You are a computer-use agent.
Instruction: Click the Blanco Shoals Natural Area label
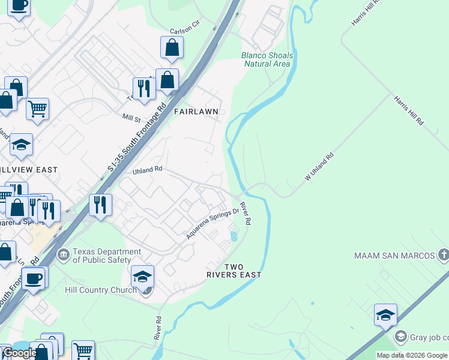tap(267, 59)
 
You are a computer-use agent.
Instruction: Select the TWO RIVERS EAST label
tap(243, 271)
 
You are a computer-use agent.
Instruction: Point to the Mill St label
tap(131, 118)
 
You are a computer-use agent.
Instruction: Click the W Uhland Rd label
tap(319, 167)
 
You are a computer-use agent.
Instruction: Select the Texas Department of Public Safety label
tap(101, 256)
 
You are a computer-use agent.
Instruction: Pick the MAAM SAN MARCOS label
tap(394, 256)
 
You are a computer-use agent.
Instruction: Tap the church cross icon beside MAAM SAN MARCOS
tap(443, 255)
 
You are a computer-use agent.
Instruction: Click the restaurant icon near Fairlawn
tap(144, 88)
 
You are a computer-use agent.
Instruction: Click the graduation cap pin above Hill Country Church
tap(143, 277)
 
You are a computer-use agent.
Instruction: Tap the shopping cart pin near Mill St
tap(37, 109)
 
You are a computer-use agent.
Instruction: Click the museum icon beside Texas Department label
tap(64, 256)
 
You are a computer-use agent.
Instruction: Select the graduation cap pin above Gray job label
tap(385, 315)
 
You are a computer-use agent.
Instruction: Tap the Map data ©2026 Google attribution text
tap(412, 355)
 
